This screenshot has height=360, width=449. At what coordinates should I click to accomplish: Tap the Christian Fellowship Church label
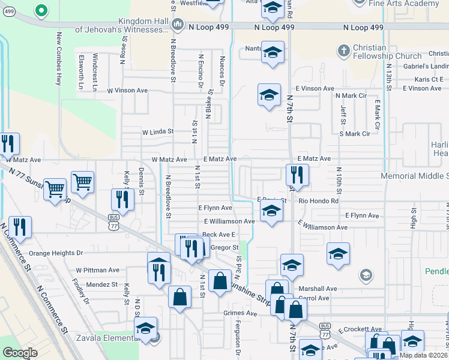tap(387, 52)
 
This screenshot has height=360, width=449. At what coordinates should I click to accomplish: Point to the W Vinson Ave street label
tap(127, 91)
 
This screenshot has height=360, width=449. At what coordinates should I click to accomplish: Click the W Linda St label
tap(157, 131)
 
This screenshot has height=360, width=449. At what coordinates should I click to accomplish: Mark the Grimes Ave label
tap(240, 313)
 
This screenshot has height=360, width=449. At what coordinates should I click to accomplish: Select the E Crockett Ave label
tap(360, 329)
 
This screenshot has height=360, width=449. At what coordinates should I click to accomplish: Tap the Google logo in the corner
tap(20, 353)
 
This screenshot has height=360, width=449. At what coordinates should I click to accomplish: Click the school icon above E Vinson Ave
tap(270, 94)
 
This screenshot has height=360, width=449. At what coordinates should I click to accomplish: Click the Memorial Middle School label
tap(415, 176)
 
